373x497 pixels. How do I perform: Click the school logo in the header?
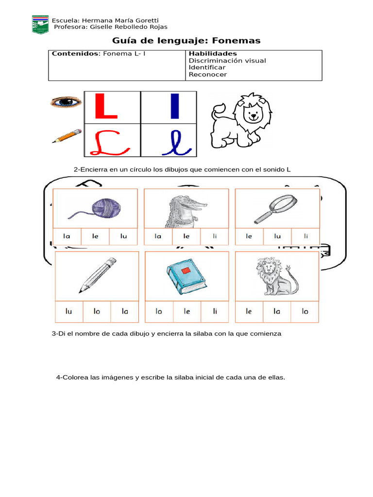[40, 24]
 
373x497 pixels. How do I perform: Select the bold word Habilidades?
[213, 53]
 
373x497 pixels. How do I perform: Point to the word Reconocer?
[207, 74]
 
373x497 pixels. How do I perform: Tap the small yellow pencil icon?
[67, 135]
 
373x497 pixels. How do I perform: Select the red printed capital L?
[106, 106]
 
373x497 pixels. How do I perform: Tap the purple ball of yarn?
[106, 207]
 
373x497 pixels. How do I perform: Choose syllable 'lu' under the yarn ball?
[123, 236]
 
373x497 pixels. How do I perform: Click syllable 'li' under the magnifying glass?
[306, 236]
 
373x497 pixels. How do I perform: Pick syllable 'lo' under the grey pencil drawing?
[97, 312]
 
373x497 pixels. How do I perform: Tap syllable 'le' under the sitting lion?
[249, 312]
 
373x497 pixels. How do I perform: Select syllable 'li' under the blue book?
[215, 312]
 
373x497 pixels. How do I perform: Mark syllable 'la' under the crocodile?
[158, 236]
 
